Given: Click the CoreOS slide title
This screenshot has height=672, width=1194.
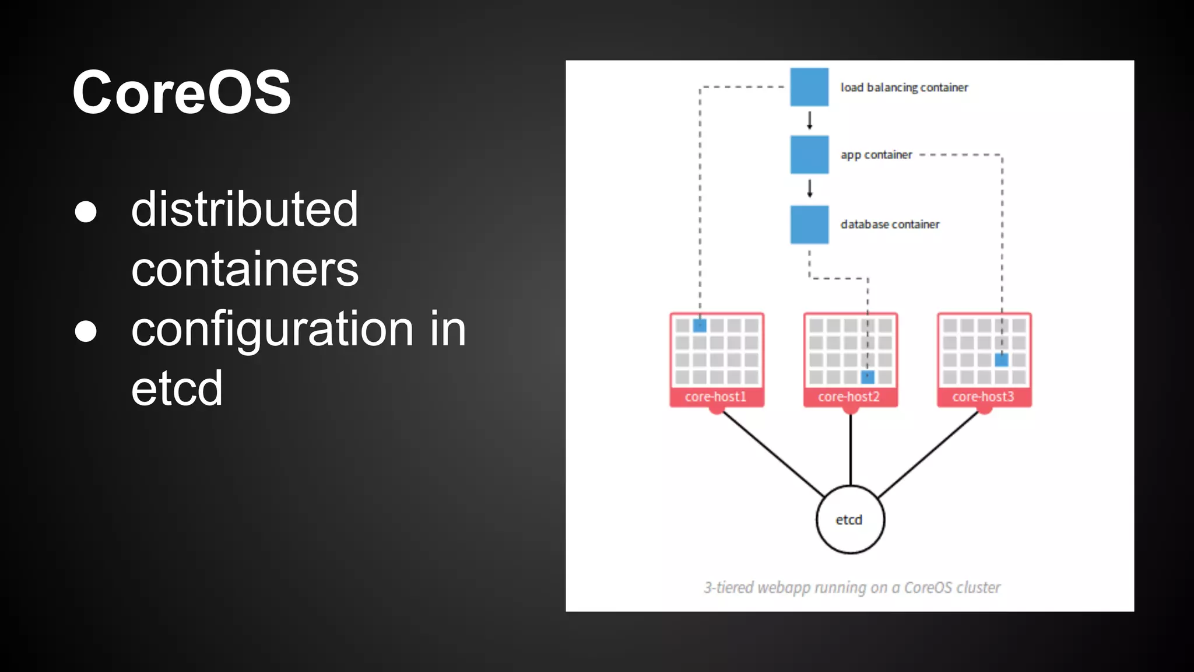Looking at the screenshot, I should coord(181,92).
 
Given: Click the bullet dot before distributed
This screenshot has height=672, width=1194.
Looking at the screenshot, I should coord(86,211).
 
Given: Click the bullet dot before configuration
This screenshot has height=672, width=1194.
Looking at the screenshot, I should coord(86,331).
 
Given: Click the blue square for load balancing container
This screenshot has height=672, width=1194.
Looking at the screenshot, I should coord(809,87).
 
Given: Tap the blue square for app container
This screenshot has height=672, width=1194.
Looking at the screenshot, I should coord(809,155).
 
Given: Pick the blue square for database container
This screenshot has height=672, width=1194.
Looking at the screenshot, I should coord(809,224).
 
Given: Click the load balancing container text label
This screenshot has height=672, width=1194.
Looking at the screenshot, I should coord(904,87).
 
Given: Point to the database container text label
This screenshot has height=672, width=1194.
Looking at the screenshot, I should coord(890,225).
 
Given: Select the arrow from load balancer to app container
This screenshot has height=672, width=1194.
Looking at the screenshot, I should coord(809,121).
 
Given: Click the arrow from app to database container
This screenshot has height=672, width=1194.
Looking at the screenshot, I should coord(809,189).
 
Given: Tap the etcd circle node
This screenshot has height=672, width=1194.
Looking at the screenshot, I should coord(850,519).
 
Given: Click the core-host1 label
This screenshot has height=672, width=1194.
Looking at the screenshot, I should coord(716,397).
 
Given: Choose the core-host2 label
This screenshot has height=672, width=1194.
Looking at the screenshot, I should coord(849,397).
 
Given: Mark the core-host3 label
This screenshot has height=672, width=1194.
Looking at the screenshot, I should coord(984,397).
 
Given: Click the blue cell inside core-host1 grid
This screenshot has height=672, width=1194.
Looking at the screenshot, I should coord(700,325).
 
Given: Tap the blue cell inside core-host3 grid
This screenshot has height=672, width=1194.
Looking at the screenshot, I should coord(1002,360).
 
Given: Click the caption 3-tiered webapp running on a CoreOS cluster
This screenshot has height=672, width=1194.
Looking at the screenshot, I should coord(852,587).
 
